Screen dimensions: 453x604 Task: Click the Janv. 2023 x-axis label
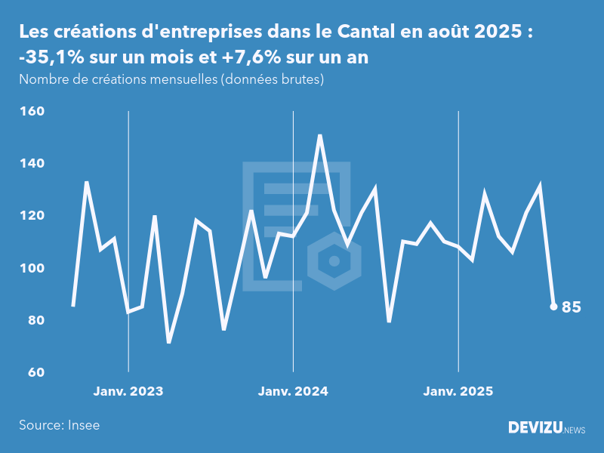(x=128, y=392)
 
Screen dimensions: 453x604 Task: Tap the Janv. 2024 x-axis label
(x=293, y=392)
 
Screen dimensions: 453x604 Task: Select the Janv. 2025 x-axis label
(x=458, y=392)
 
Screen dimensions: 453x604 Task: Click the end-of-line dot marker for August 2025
(x=553, y=307)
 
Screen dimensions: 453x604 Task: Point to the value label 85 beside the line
(x=572, y=307)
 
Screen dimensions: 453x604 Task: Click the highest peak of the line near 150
(x=320, y=136)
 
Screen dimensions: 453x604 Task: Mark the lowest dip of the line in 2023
(x=169, y=342)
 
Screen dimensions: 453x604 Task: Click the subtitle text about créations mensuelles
(x=171, y=79)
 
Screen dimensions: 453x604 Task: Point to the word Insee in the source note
(x=83, y=425)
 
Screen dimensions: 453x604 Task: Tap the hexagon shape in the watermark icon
(x=333, y=262)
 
